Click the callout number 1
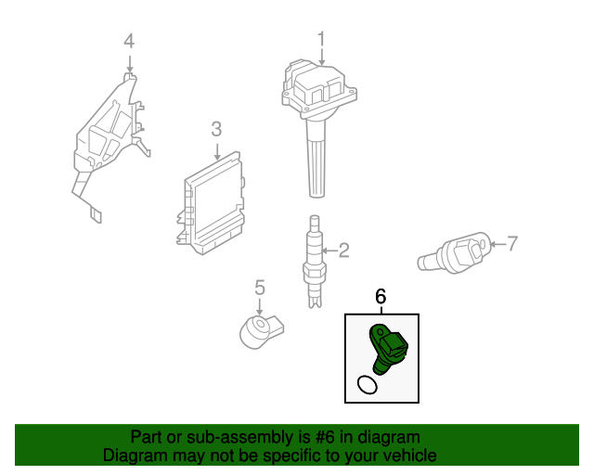click(x=322, y=40)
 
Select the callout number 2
click(x=343, y=250)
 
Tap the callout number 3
click(x=216, y=129)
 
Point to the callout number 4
click(x=129, y=40)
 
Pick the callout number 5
click(x=260, y=287)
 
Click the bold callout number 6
click(x=381, y=296)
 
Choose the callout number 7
click(x=511, y=244)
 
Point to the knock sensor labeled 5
click(x=260, y=328)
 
